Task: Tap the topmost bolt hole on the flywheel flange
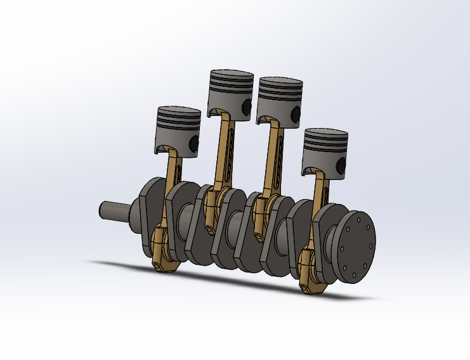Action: (x=359, y=219)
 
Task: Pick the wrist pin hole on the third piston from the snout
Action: (x=294, y=114)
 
